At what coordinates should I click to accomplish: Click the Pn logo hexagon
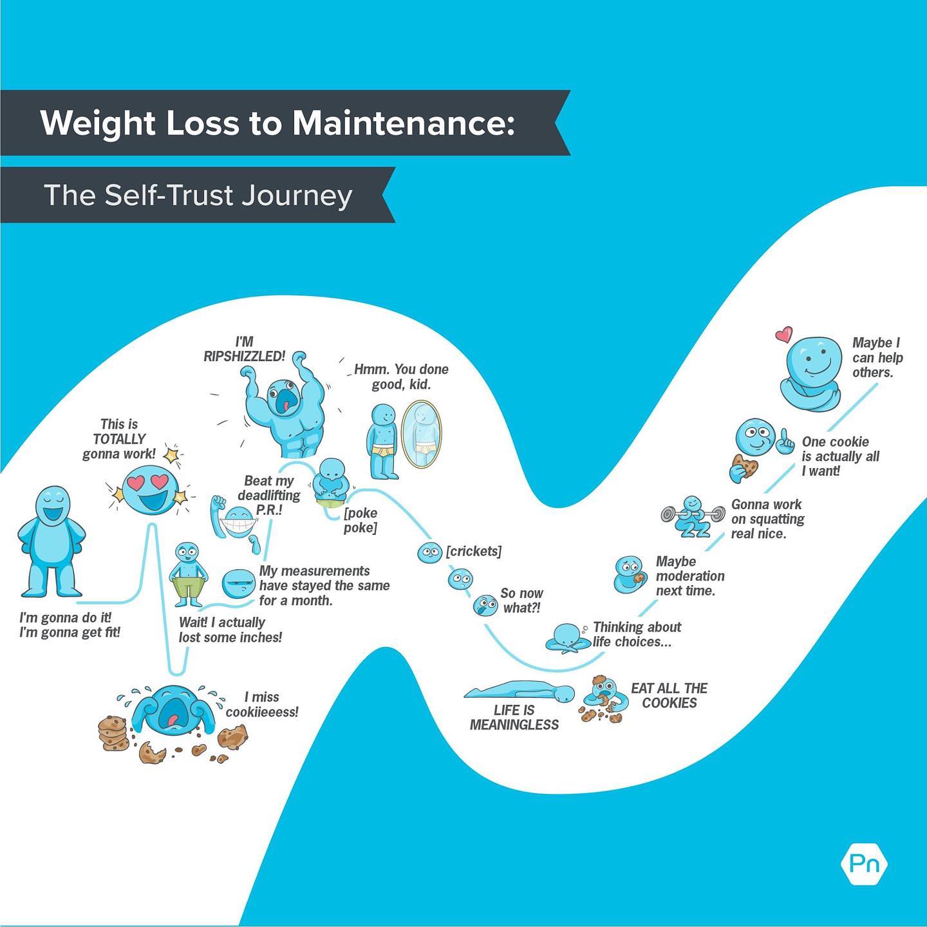pos(864,863)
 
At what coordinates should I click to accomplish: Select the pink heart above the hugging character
pos(783,334)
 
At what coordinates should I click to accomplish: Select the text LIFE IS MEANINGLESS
pos(514,717)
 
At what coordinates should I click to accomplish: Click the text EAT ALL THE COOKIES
pos(669,695)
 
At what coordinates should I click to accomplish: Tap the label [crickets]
pos(473,551)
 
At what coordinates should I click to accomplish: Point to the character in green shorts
pos(189,574)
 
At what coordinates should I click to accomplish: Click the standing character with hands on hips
pos(51,541)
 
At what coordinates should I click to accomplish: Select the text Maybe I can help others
pos(877,357)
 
